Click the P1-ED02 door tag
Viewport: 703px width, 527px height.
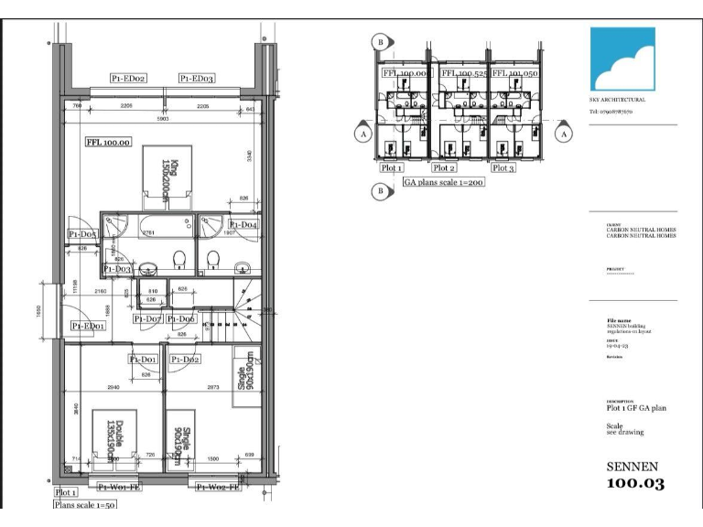[x=129, y=79]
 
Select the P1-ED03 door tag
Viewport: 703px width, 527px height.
[x=197, y=79]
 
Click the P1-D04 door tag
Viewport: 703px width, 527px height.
[x=243, y=224]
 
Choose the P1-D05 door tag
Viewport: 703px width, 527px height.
[x=82, y=235]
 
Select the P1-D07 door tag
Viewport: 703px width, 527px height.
[x=147, y=318]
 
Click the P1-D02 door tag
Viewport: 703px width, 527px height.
[x=185, y=360]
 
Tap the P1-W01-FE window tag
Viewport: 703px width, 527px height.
[x=119, y=487]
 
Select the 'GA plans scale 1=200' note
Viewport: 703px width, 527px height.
[x=444, y=182]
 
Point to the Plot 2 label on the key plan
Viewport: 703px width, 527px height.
[x=444, y=168]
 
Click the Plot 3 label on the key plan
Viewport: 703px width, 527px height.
[x=503, y=168]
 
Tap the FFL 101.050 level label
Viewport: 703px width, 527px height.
[x=513, y=72]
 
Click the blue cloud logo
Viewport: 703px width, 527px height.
[x=622, y=59]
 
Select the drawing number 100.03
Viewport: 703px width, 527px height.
[x=635, y=484]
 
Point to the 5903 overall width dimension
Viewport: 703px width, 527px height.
[x=163, y=118]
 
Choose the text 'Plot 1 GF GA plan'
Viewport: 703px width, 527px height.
[x=636, y=408]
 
